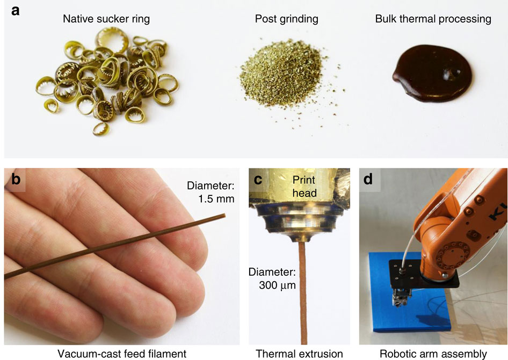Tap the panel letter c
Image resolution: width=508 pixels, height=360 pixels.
pos(258,179)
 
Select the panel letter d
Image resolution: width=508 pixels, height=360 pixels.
pos(369,179)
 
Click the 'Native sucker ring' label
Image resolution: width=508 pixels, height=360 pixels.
pos(106,19)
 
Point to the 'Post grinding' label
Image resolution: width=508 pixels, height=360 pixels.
pos(286,19)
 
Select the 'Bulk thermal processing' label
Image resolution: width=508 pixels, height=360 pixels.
pos(433,19)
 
